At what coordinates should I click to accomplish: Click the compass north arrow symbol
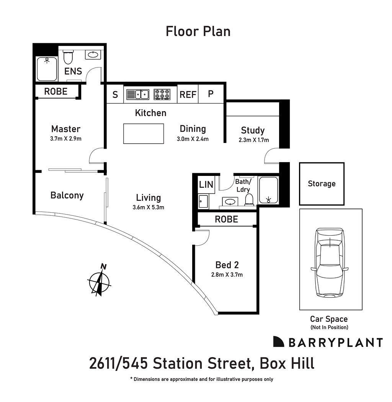click(99, 281)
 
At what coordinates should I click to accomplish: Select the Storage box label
click(322, 184)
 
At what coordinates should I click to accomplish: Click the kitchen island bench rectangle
click(144, 133)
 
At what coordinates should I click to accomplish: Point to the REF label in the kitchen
click(188, 94)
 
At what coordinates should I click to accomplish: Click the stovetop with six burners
click(162, 94)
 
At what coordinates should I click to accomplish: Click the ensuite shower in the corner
click(46, 69)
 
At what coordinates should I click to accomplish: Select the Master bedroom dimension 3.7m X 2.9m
click(65, 139)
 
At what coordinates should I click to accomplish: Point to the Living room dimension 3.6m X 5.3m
click(148, 208)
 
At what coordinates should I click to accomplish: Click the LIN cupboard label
click(206, 184)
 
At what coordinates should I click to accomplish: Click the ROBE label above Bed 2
click(226, 219)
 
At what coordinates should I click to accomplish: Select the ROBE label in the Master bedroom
click(56, 91)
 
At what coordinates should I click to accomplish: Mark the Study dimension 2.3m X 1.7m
click(253, 140)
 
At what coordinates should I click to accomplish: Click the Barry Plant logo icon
click(278, 342)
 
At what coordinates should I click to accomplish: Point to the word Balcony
click(67, 195)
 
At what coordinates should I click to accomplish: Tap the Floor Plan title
click(198, 31)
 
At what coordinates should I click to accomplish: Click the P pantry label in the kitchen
click(211, 94)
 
